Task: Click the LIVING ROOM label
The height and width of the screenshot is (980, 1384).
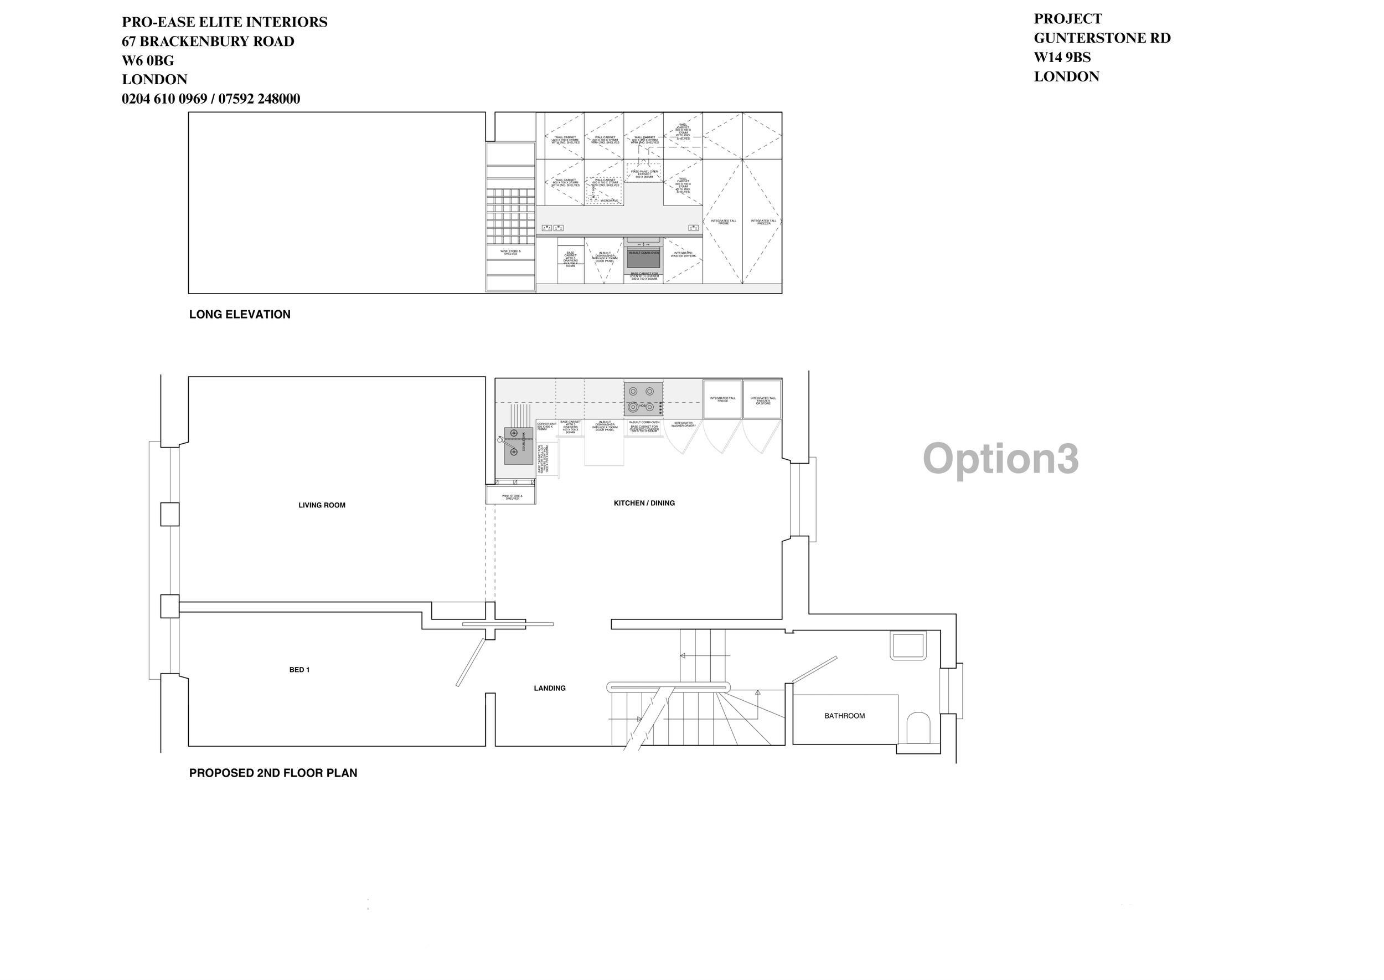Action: coord(322,505)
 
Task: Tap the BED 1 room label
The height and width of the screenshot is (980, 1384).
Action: coord(299,670)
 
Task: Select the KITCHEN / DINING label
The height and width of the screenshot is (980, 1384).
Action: coord(644,502)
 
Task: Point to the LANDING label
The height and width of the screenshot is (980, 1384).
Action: coord(549,688)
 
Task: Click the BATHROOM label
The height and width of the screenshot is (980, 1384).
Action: coord(844,716)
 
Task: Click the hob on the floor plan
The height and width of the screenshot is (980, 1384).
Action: coord(643,399)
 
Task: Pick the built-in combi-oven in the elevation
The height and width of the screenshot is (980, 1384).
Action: coord(643,256)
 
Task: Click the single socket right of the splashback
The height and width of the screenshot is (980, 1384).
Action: coord(694,228)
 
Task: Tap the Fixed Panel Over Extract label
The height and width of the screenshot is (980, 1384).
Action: coord(644,174)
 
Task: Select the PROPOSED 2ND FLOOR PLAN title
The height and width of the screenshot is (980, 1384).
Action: coord(272,773)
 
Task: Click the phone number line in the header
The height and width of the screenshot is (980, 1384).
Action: coord(210,99)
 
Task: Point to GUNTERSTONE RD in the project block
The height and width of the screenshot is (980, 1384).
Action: coord(1102,38)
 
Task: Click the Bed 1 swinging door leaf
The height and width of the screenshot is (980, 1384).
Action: coord(471,662)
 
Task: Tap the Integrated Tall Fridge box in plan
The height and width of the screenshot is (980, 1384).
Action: coord(722,399)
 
